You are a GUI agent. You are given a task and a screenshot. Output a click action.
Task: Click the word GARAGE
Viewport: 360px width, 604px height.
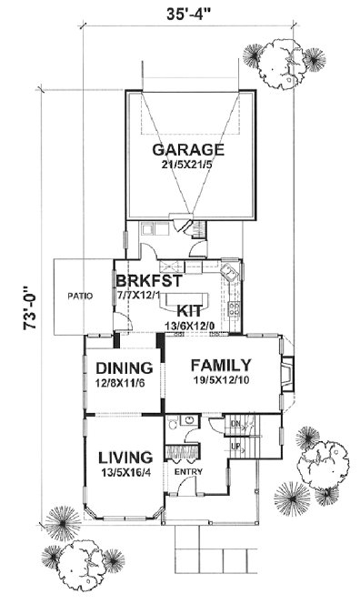point(188,150)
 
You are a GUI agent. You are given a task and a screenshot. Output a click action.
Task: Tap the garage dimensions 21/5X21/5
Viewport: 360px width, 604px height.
point(188,166)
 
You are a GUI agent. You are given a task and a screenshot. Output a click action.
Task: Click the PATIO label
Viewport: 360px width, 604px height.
point(76,296)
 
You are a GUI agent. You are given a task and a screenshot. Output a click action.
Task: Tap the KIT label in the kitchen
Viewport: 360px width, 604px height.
point(188,309)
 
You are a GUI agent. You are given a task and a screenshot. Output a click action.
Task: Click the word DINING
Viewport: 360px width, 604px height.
point(123,368)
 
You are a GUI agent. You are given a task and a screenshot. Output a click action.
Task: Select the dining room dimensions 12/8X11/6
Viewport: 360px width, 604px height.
point(123,384)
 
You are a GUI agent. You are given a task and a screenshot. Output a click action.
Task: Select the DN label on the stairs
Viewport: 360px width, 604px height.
point(235,424)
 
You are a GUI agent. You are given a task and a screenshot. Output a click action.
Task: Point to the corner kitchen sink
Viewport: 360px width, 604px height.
point(232,270)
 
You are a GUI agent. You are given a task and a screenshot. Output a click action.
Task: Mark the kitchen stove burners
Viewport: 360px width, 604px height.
point(235,310)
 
